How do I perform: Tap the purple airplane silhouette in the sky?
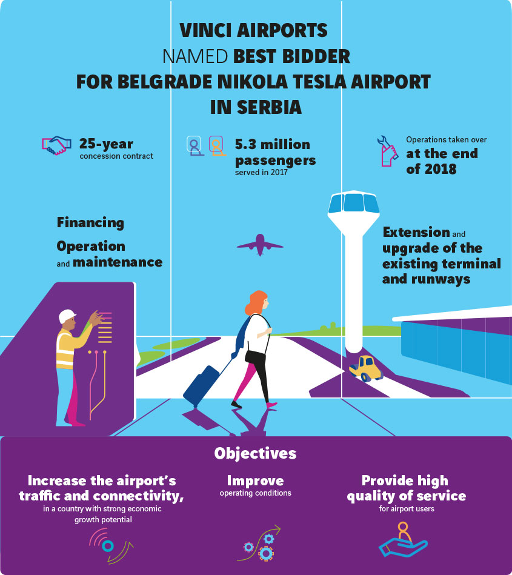coord(260,245)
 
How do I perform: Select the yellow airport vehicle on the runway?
coord(365,367)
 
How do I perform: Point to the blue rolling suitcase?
coord(201,384)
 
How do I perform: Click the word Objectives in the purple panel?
coord(255,453)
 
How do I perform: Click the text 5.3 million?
coord(272,144)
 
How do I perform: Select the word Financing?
coord(90,222)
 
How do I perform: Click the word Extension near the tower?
coord(416,233)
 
